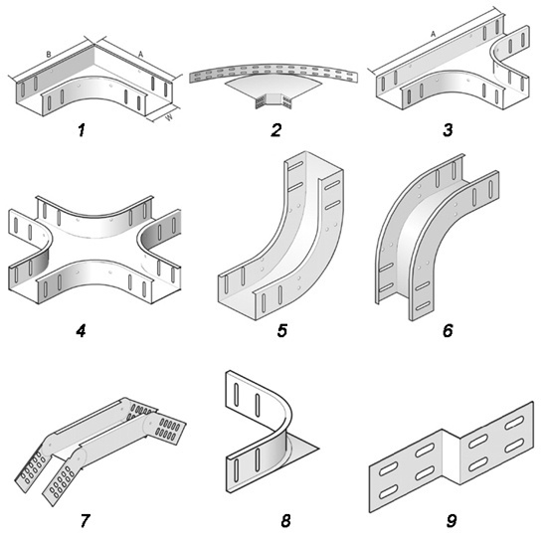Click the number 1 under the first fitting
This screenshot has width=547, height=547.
(82, 130)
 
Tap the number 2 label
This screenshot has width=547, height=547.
(275, 130)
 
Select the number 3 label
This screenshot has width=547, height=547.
(448, 130)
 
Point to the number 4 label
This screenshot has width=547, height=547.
(81, 330)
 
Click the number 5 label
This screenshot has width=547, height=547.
(281, 330)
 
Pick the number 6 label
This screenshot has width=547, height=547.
(448, 330)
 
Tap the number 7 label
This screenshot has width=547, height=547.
(85, 521)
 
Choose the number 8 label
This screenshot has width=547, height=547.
(285, 521)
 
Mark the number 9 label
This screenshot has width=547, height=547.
(452, 521)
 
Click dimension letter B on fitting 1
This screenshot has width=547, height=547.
(49, 55)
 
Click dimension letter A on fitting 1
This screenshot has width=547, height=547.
(140, 54)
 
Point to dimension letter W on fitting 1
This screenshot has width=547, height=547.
(169, 117)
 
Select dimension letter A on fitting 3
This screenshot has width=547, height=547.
(433, 34)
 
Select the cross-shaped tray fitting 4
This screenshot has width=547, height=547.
(94, 249)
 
